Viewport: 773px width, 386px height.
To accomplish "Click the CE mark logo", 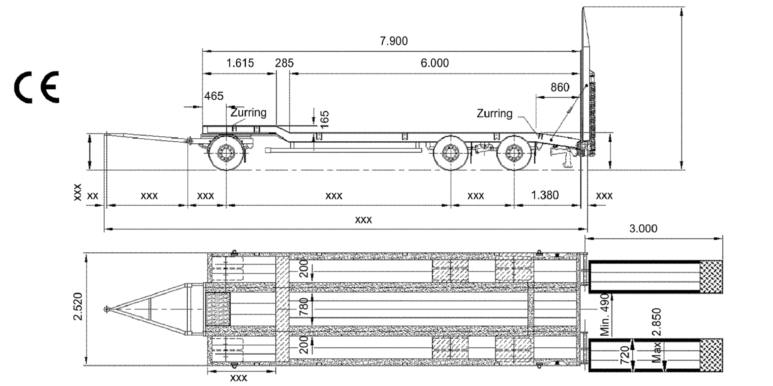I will (37, 87).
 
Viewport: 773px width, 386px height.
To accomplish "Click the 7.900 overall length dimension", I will (394, 41).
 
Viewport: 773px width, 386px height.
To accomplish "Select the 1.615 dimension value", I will (240, 63).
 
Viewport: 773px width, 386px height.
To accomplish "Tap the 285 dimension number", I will (284, 63).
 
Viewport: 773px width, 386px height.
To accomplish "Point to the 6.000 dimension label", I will (434, 63).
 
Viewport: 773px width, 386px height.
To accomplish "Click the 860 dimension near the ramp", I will (560, 87).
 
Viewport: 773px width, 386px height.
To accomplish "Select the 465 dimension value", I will (213, 96).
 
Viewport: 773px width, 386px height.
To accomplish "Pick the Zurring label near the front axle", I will (248, 112).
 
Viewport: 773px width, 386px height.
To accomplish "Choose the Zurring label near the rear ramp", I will (494, 113).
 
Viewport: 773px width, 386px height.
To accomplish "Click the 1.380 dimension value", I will (545, 195).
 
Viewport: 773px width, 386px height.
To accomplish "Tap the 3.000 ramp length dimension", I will (643, 228).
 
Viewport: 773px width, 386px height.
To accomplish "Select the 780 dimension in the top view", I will (304, 306).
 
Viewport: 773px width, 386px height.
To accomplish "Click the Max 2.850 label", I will (657, 335).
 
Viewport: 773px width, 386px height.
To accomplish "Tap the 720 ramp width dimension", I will (624, 355).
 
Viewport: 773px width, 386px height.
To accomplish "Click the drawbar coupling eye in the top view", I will (107, 309).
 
